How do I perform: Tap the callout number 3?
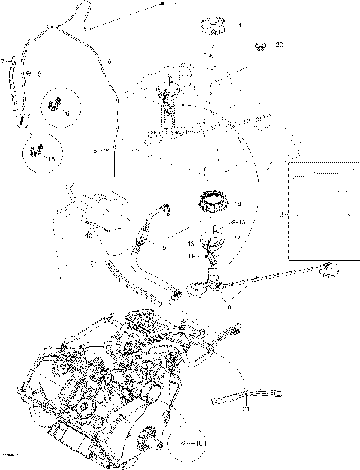pos(239,26)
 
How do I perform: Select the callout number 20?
pos(280,44)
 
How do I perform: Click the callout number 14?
pos(238,204)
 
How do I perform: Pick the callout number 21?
pos(245,409)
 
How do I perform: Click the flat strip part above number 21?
pos(247,394)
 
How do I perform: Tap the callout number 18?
pos(51,160)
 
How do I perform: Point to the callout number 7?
pos(4,60)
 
